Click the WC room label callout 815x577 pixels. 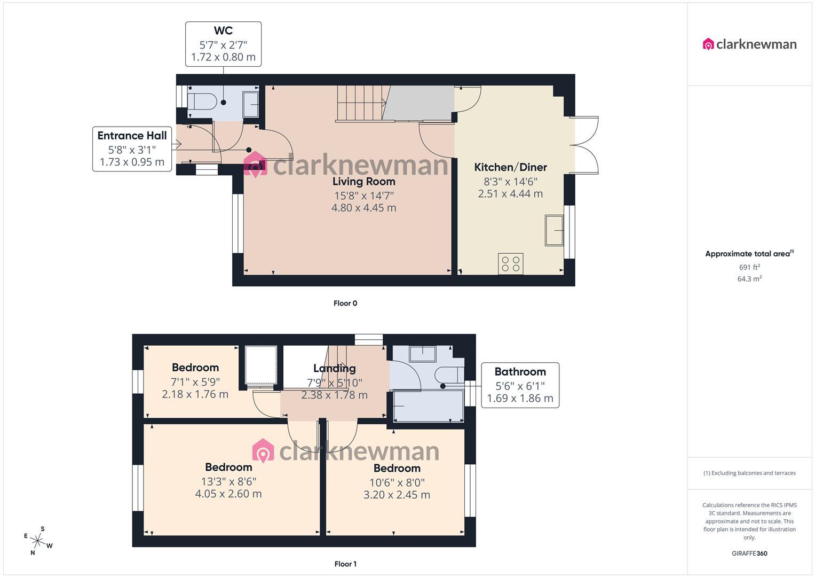tap(223, 44)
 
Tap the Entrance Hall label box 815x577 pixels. tap(132, 149)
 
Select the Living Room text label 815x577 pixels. tap(363, 181)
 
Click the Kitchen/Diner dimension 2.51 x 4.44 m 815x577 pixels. tap(510, 194)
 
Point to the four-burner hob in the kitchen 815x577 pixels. tap(510, 263)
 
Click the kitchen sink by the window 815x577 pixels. tap(554, 230)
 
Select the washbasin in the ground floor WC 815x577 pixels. tap(250, 104)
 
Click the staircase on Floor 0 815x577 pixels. tap(361, 103)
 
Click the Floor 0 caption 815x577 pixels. tap(345, 303)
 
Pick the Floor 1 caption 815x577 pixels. tap(345, 564)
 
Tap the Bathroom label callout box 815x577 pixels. tap(520, 385)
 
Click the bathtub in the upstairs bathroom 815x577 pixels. tap(428, 407)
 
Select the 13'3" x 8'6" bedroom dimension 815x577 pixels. tap(228, 481)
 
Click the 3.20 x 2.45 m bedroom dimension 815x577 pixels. tap(397, 495)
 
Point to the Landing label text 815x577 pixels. tap(334, 368)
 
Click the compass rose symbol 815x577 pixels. tap(38, 541)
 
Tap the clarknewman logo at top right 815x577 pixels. tap(749, 44)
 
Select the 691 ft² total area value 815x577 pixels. tap(749, 267)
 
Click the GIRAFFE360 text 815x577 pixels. tap(749, 553)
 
